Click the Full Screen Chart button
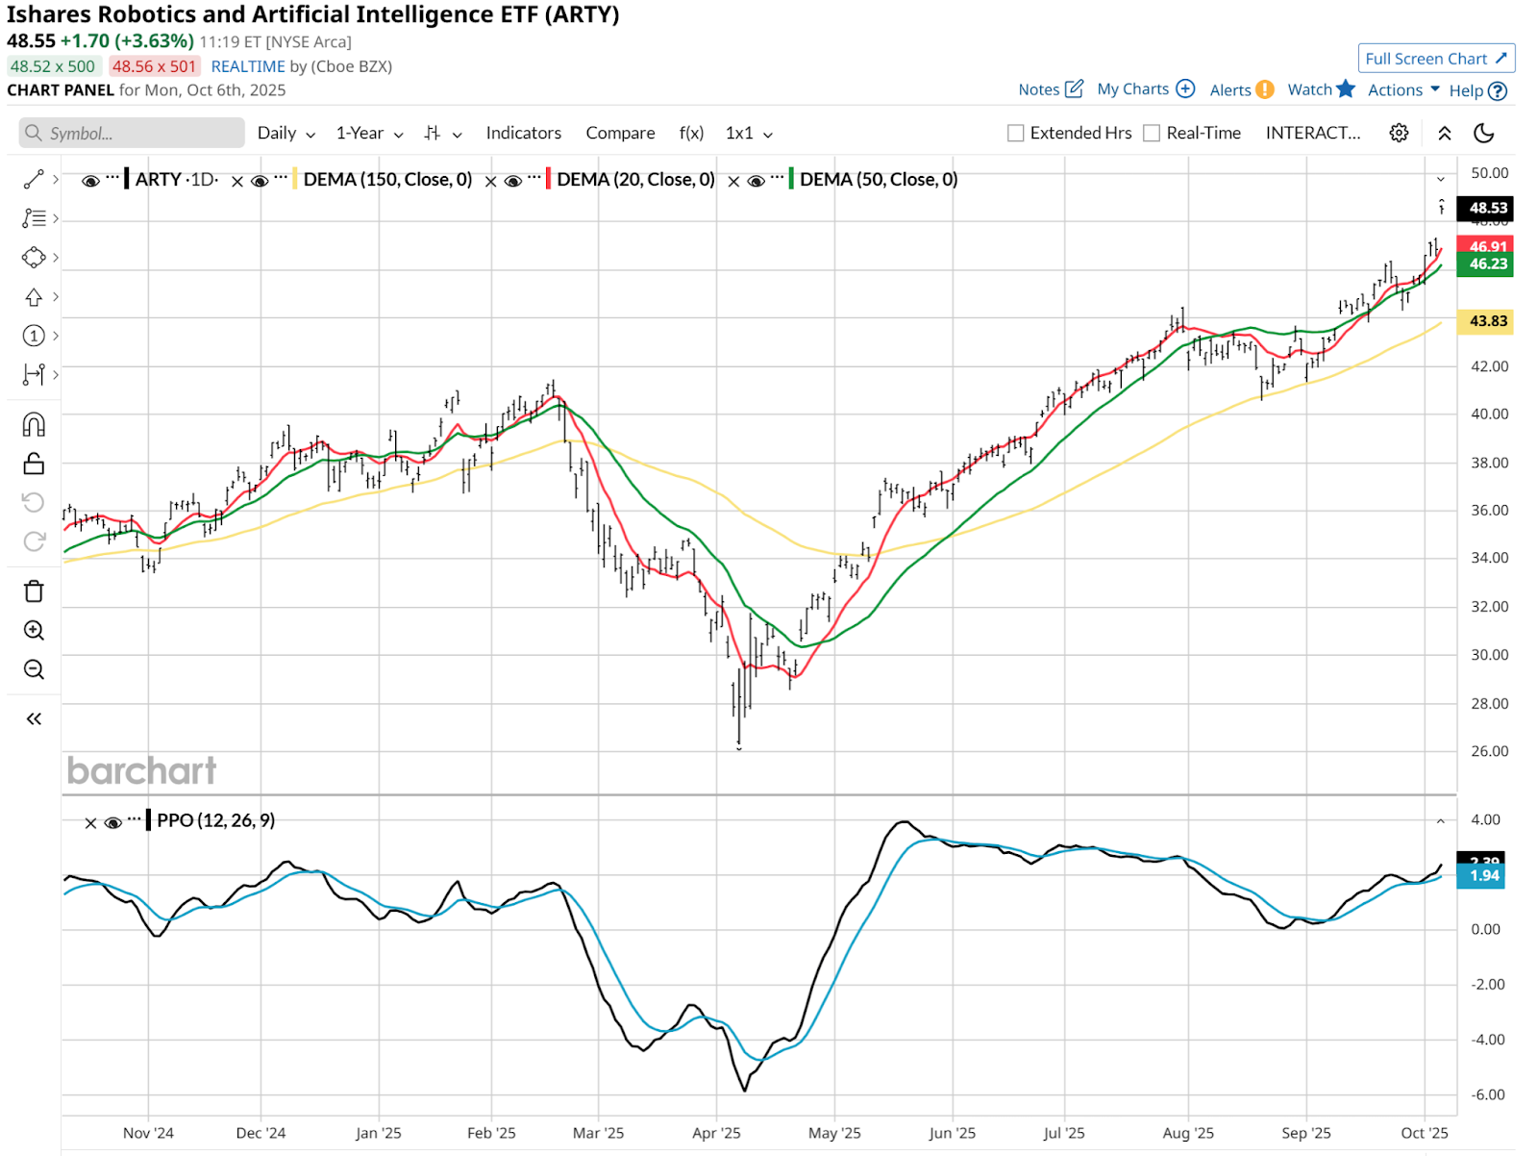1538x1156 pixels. tap(1436, 59)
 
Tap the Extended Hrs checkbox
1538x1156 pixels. tap(1015, 134)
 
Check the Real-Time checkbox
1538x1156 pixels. tap(1152, 134)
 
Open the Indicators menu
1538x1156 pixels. tap(523, 134)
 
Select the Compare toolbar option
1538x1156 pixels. tap(620, 134)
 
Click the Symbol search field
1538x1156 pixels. tap(132, 134)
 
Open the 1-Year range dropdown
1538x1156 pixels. tap(369, 134)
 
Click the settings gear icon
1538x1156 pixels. tap(1399, 134)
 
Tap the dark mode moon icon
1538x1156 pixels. tap(1484, 134)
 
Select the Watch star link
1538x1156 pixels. tap(1321, 89)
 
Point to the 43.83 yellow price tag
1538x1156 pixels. tap(1486, 321)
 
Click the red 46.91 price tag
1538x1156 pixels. tap(1486, 246)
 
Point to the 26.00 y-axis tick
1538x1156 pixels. tap(1489, 751)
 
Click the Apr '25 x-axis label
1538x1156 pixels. tap(716, 1133)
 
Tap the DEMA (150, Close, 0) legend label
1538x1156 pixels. tap(387, 180)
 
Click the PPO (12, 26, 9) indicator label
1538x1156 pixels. tap(215, 820)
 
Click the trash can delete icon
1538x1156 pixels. tap(34, 591)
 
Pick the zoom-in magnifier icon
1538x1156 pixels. tap(34, 631)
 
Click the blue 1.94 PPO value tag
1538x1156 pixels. tap(1484, 876)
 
